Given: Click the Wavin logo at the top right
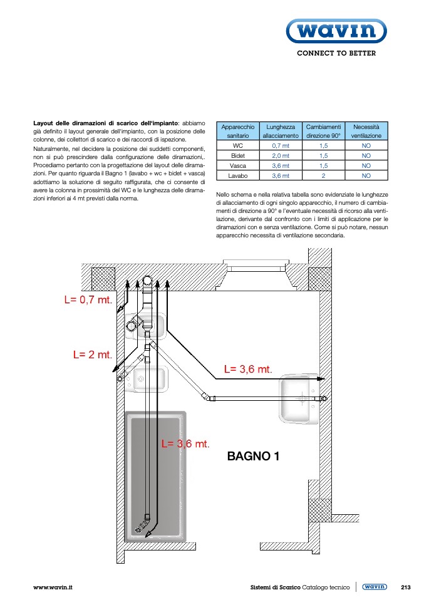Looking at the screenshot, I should (x=336, y=30).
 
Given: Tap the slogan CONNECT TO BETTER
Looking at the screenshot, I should (x=336, y=54).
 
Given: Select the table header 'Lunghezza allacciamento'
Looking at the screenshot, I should (x=280, y=131).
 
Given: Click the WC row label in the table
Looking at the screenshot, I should (x=237, y=145).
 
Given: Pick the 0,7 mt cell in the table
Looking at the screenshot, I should (x=280, y=145).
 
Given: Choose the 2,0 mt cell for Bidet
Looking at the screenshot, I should (x=280, y=155).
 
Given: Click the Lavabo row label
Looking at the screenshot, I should (x=237, y=176).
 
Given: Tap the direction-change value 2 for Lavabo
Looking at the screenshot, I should (x=323, y=176).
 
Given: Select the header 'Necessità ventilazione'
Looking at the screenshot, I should (x=366, y=131).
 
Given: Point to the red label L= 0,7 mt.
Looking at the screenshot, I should (x=88, y=299).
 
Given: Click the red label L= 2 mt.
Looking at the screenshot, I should (x=92, y=354).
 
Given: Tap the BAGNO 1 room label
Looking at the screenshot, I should (x=253, y=457).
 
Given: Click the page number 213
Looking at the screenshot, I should (x=405, y=587).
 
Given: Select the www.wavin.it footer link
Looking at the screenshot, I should (x=53, y=587).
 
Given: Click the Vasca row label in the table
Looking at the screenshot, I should (x=237, y=166).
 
